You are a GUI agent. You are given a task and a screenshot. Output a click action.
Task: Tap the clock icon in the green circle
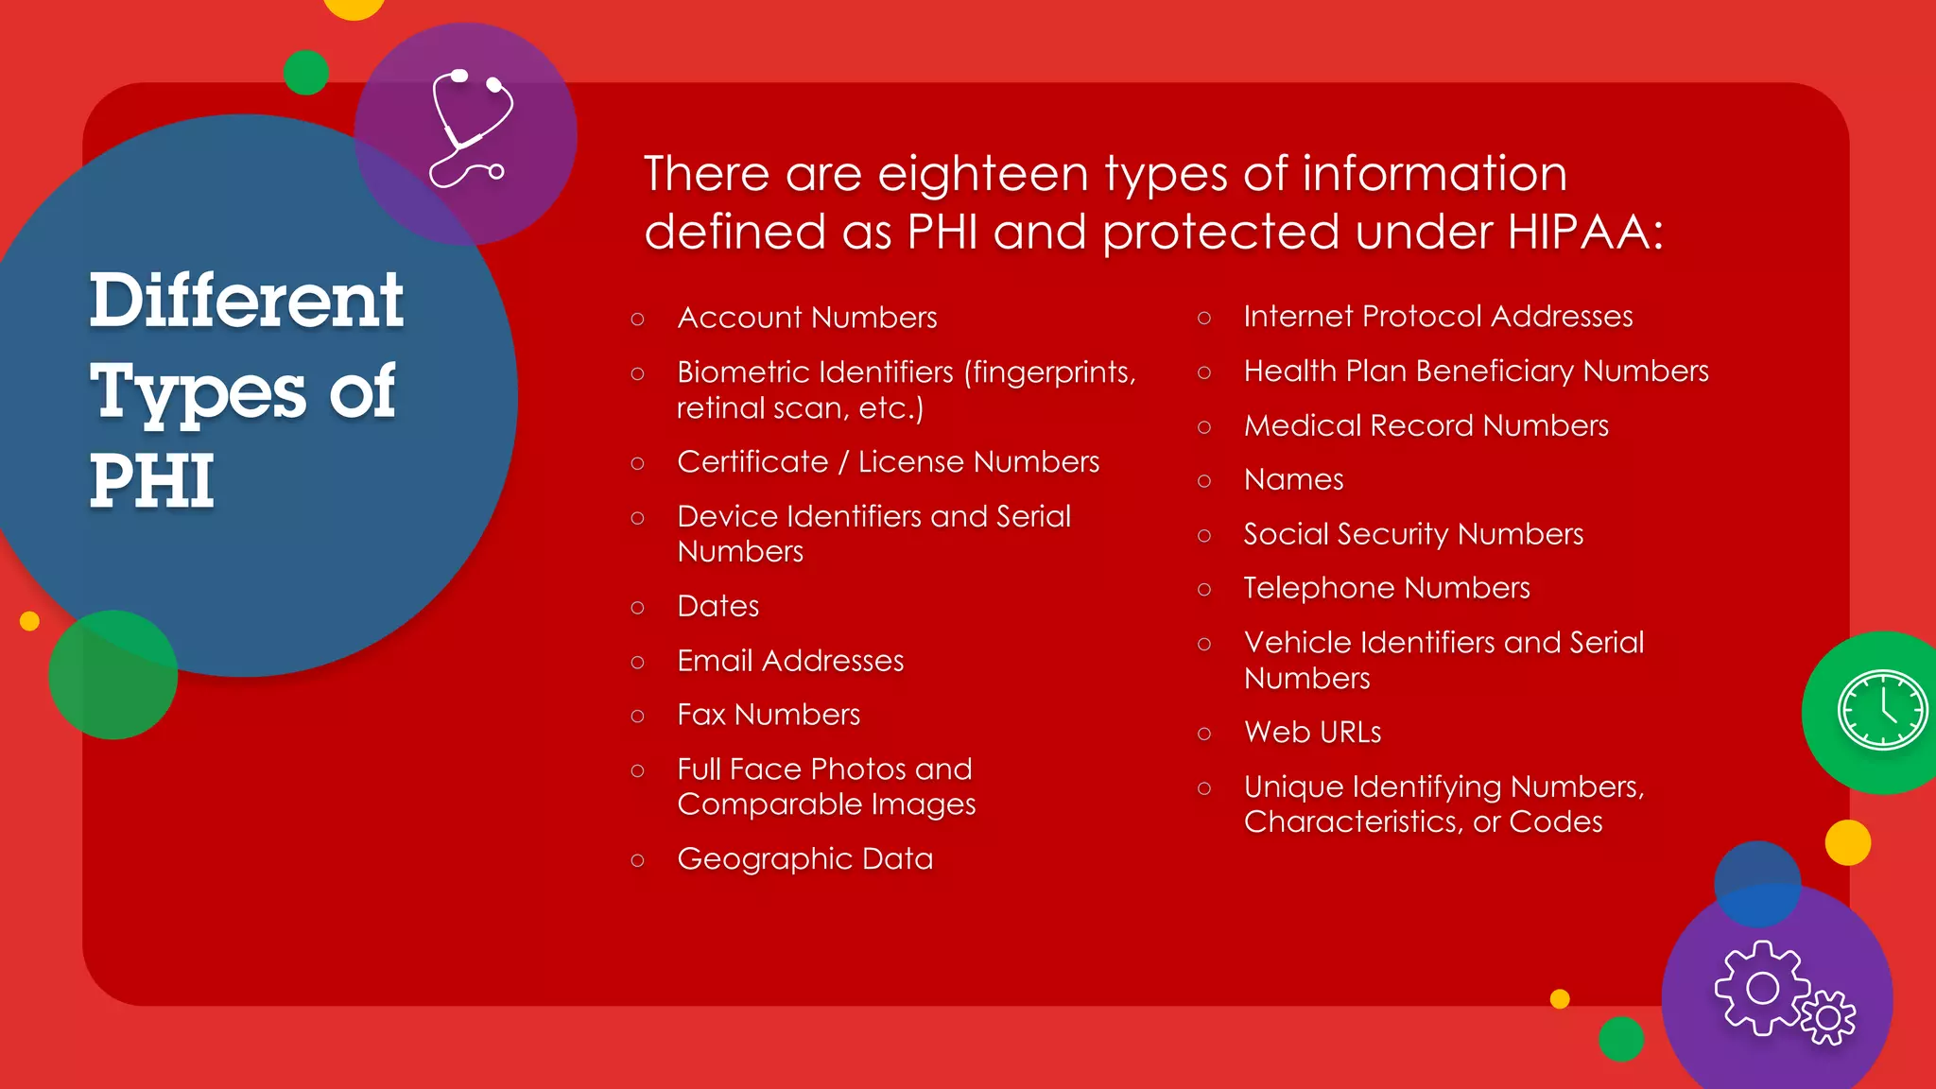coord(1882,710)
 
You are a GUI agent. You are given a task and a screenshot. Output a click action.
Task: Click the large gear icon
coord(1761,988)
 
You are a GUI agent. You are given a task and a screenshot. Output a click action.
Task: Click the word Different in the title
coord(247,301)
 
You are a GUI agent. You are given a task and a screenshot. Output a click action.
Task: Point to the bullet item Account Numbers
coord(806,318)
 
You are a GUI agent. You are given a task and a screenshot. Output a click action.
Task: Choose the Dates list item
coord(717,606)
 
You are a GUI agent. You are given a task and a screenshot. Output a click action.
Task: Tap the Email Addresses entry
coord(790,661)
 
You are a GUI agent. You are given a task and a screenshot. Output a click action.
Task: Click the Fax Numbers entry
coord(769,715)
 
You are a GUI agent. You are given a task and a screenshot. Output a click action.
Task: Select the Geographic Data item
coord(804,859)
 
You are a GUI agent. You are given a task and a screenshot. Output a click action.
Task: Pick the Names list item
coord(1293,480)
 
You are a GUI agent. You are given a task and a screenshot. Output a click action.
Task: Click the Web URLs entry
coord(1312,733)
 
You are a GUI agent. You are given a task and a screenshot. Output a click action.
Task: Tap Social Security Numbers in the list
coord(1412,534)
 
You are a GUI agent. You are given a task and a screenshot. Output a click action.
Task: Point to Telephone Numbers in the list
coord(1386,588)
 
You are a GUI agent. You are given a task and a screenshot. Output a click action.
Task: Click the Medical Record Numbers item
coord(1426,426)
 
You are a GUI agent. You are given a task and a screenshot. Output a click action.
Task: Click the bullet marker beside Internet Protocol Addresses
coord(1203,318)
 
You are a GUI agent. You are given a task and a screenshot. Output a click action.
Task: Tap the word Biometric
coord(747,372)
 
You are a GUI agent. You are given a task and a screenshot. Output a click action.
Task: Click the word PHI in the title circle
coord(152,481)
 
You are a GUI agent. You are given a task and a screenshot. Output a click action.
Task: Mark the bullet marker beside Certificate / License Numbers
coord(638,463)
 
